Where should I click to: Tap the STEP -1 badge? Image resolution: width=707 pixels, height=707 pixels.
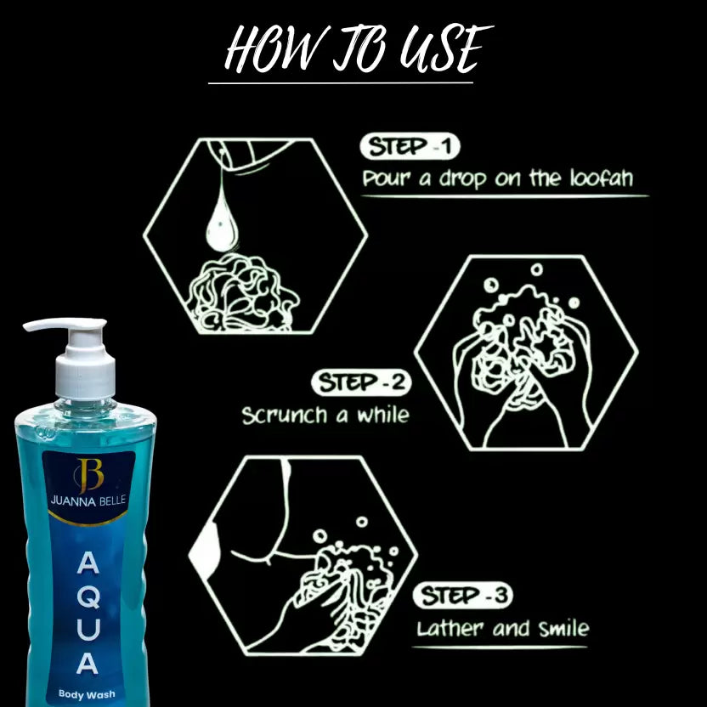tap(410, 147)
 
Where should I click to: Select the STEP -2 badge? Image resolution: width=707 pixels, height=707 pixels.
tap(361, 383)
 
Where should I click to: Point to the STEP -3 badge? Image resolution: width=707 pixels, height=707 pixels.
tap(462, 596)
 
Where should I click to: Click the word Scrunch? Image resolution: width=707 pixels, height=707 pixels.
tap(284, 416)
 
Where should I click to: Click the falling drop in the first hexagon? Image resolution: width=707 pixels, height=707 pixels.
tap(220, 217)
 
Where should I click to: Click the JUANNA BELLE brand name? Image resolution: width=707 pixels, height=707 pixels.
tap(89, 502)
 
